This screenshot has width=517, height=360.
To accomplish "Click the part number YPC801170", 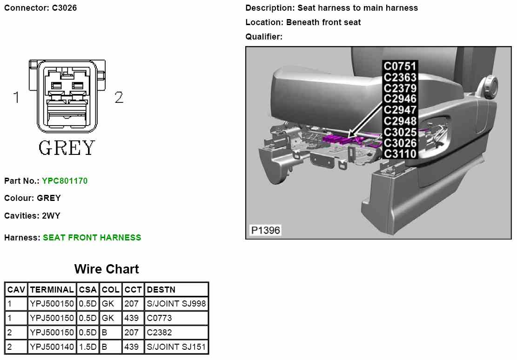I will click(65, 180).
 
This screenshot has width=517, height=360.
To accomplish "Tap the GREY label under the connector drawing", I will click(67, 148).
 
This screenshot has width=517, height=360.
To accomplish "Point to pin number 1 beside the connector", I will click(17, 98).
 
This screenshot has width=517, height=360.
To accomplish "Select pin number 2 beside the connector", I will click(119, 98).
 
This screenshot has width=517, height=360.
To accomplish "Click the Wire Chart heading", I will click(107, 269).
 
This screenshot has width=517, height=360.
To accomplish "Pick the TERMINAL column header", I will click(52, 290).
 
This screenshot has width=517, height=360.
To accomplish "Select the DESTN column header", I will click(161, 290).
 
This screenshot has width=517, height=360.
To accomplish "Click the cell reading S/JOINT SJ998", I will click(176, 304).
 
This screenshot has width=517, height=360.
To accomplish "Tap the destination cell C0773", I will click(159, 318).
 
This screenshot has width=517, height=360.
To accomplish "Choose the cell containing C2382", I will click(159, 333).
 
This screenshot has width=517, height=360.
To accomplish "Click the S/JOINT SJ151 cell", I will click(176, 347).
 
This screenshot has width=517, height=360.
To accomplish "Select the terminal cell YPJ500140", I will click(52, 347).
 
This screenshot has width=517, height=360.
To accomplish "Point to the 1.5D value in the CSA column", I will click(87, 347).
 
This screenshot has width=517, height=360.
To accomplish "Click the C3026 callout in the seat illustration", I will click(400, 143).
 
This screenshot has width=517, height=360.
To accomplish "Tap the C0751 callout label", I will click(400, 67).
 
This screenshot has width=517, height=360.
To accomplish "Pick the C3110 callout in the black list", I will click(400, 154).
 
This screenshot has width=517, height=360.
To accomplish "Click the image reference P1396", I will click(266, 230).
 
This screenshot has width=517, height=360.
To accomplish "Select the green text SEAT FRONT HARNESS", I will click(92, 238).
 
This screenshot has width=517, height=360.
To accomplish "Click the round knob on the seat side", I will click(489, 86).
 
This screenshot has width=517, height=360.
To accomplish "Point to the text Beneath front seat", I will click(323, 22).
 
